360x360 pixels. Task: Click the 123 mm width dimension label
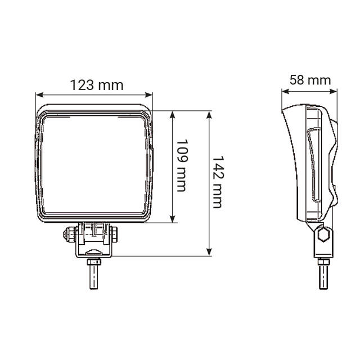96,85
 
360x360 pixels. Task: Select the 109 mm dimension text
181,166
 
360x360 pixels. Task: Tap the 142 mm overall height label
217,182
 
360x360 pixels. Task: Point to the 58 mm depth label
310,79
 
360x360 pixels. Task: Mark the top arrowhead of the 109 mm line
172,113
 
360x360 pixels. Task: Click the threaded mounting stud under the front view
94,273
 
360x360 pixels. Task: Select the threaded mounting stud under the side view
323,274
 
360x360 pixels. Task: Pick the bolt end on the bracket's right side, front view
116,232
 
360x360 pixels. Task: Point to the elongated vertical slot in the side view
313,166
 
